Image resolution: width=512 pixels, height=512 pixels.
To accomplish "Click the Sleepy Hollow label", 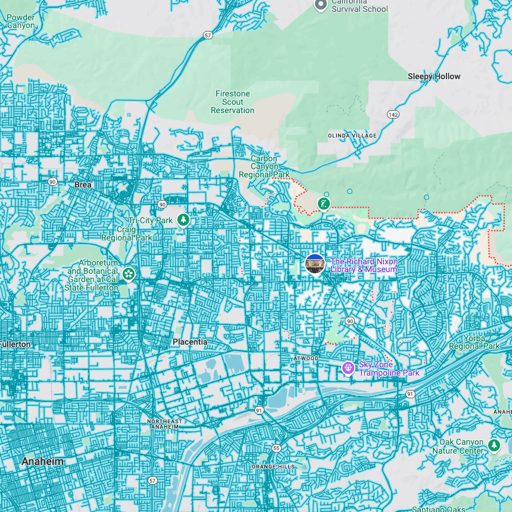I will coord(434,76).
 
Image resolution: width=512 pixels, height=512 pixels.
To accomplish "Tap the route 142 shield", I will coord(393,114).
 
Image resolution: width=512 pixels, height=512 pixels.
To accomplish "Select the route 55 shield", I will coord(276,448).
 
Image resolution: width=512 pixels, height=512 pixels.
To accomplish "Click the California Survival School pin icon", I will coord(321,5).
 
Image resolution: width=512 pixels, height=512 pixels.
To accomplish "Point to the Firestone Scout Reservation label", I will coord(232,102).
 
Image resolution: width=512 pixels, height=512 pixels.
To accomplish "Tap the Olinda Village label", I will coord(352,136).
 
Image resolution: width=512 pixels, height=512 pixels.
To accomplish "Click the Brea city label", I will coord(83,185).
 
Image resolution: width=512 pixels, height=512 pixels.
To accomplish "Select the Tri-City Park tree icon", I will coord(184,220).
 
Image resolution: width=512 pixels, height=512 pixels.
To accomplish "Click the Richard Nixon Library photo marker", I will coord(315,264).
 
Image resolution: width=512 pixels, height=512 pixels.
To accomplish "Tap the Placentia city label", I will coord(190,342).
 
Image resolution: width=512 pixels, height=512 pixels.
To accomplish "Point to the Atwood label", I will coord(306,358).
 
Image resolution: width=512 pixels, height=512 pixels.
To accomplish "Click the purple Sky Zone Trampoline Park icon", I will coord(348,369).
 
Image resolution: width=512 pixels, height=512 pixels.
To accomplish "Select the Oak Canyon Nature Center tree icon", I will coord(494,445).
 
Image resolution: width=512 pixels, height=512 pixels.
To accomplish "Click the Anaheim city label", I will coord(42,461).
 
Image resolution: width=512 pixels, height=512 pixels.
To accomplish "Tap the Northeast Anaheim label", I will coord(165,424).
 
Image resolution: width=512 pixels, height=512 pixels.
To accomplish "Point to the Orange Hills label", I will coord(273,466).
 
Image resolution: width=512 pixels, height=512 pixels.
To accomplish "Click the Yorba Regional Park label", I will coord(474,342).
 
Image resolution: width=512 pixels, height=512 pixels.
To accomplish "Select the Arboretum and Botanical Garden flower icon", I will coord(129,274).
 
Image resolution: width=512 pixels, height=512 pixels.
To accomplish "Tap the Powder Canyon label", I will coord(21,21).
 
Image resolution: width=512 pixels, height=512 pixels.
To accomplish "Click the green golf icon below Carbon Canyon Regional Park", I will coord(324,204).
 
